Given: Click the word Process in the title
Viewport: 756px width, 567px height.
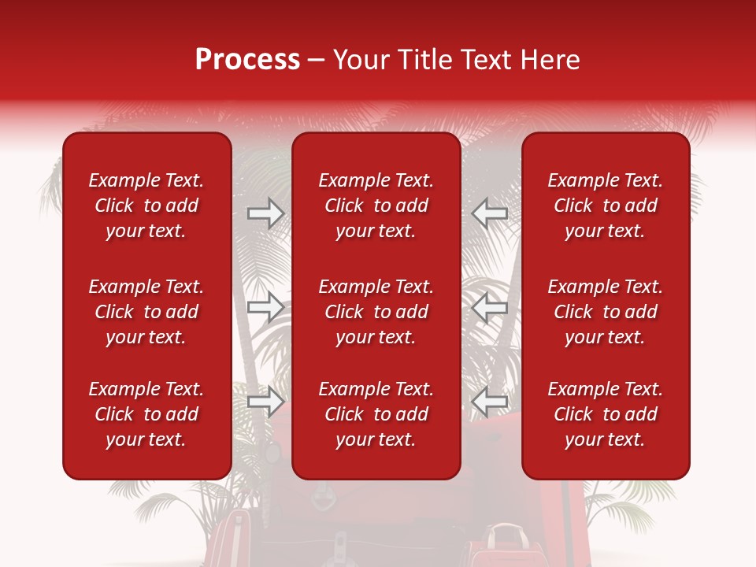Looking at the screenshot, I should coord(247,60).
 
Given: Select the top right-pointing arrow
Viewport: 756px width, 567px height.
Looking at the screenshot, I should coord(265,213).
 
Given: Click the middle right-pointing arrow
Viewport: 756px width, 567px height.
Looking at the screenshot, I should coord(265,307).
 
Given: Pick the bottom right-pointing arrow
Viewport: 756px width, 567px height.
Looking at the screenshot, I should coord(265,402).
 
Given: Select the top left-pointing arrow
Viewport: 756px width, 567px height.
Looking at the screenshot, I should coord(490,213).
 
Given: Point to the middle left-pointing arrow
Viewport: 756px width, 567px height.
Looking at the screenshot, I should coord(490,307).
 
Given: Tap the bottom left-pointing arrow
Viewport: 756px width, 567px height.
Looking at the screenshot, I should coord(490,402).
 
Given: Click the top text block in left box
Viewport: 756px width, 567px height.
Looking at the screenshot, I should coord(146,206).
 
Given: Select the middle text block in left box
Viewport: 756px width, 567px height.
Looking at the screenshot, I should coord(146,312).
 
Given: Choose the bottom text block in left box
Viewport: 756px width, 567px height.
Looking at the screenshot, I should coord(146,414).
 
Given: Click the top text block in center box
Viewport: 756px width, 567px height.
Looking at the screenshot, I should coord(376,206).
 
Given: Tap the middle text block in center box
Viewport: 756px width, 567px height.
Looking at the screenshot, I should coord(376,312).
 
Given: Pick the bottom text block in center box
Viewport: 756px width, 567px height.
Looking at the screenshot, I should coord(376,414).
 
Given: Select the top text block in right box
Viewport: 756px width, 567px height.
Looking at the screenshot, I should coord(605,206).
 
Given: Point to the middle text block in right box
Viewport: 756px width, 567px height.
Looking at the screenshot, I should coord(605,312).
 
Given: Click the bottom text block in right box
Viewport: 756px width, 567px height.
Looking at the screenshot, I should coord(605,414).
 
